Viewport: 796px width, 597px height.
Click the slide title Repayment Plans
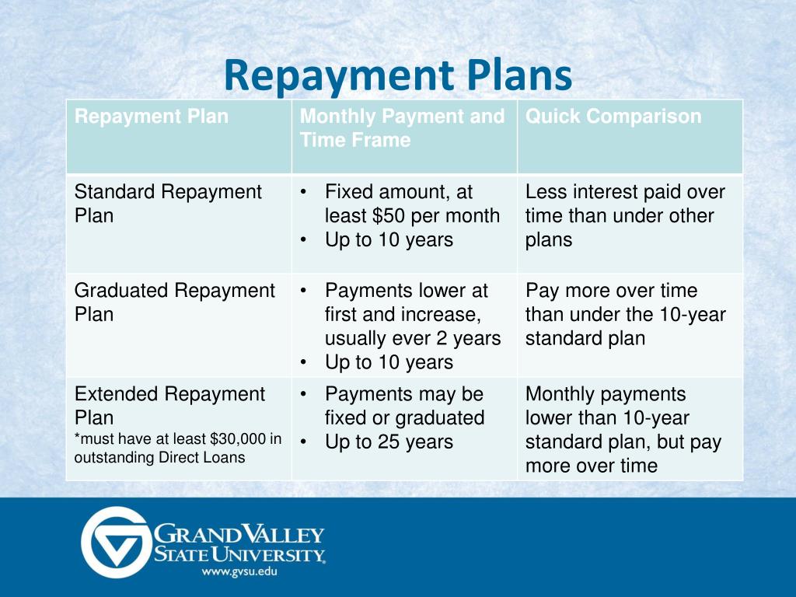click(397, 76)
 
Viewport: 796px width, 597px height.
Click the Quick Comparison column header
click(613, 117)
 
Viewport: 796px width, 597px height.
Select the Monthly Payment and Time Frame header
click(402, 128)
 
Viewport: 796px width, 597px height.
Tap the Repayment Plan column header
click(152, 117)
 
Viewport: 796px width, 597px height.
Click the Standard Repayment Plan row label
click(168, 203)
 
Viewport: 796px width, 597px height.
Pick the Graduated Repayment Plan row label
click(174, 302)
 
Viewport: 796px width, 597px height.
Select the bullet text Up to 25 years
click(389, 442)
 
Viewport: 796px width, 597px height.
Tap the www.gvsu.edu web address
click(239, 571)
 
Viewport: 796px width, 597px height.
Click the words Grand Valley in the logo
click(239, 535)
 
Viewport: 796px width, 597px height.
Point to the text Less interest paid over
click(625, 191)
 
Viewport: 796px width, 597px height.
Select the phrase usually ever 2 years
click(413, 338)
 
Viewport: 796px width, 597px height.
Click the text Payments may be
click(403, 393)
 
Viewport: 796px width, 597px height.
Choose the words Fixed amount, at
click(399, 191)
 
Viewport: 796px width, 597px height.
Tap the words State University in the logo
click(239, 554)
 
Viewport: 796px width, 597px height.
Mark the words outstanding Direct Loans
click(159, 457)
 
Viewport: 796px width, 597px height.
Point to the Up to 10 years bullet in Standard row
click(389, 239)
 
